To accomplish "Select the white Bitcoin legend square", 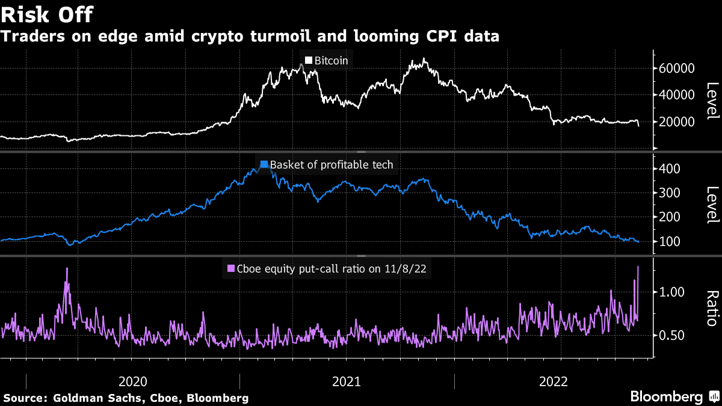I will tap(309, 60).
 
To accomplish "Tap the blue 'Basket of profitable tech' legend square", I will tap(264, 164).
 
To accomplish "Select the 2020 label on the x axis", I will tap(133, 381).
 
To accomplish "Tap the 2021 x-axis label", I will tap(347, 381).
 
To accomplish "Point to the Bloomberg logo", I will tap(674, 397).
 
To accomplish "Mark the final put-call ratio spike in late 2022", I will tap(638, 267).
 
